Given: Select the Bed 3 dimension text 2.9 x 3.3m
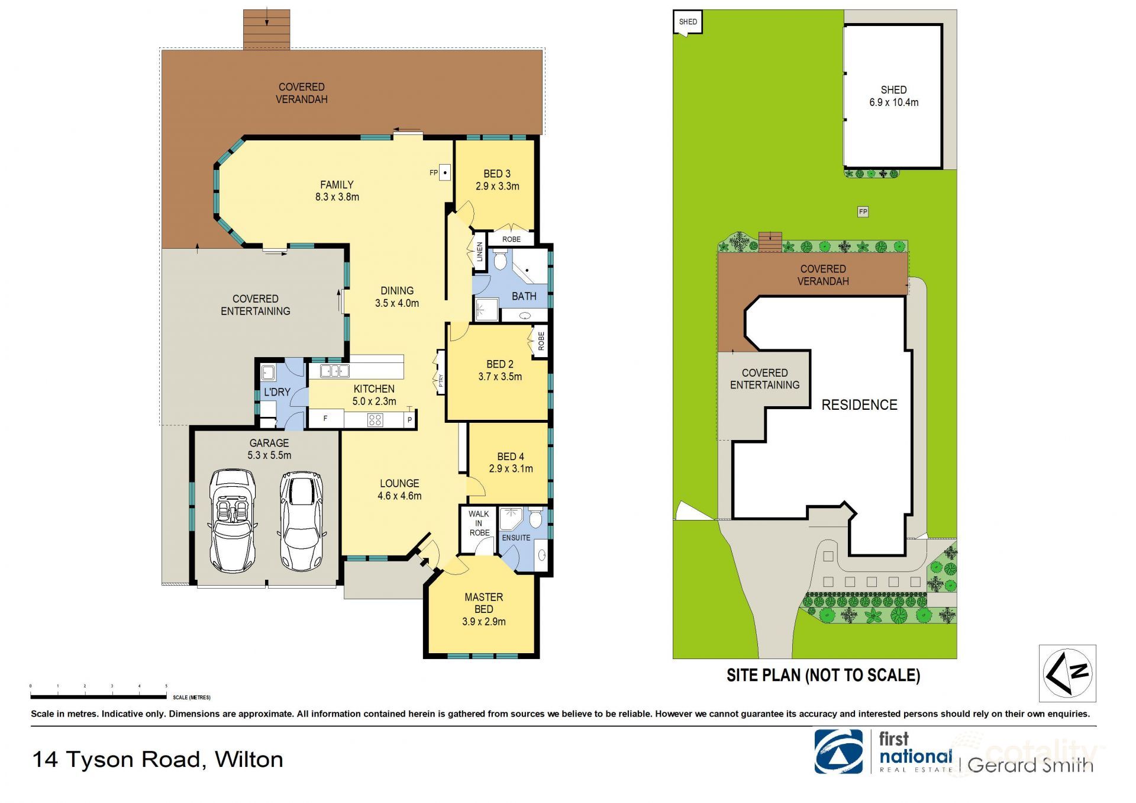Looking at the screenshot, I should [x=497, y=186].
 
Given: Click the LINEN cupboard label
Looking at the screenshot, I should [x=480, y=252].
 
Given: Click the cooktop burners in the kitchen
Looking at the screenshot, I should [x=375, y=420].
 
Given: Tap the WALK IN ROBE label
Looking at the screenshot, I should [x=479, y=523].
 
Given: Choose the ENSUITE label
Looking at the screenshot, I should [x=516, y=538].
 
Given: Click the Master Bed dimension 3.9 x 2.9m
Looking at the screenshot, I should [x=483, y=622].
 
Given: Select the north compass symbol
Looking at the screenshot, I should [x=1067, y=673].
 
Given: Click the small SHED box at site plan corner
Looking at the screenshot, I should [x=688, y=22].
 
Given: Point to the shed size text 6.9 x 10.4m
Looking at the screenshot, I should [x=893, y=102].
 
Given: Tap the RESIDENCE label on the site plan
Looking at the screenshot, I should [x=859, y=405].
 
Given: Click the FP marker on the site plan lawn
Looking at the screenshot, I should [x=863, y=211].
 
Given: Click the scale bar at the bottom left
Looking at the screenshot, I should [x=98, y=696].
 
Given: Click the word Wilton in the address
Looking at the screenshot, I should [x=249, y=760].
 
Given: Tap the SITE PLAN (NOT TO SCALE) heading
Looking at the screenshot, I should [x=823, y=675].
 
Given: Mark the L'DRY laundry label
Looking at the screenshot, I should [x=277, y=392].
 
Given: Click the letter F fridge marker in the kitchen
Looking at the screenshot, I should [x=325, y=419].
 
